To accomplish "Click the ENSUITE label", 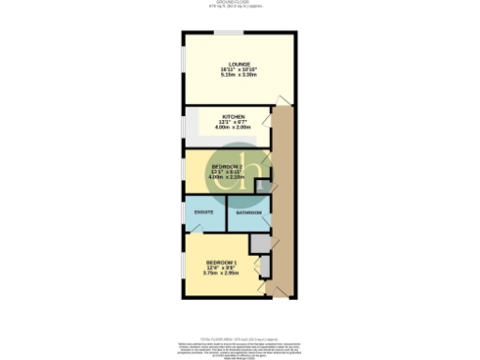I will [x=203, y=213].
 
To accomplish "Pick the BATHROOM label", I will [x=248, y=214].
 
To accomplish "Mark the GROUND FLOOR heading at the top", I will [x=241, y=4].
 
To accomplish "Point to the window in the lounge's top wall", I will [x=226, y=34].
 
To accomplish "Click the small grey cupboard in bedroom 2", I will [x=263, y=187].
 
